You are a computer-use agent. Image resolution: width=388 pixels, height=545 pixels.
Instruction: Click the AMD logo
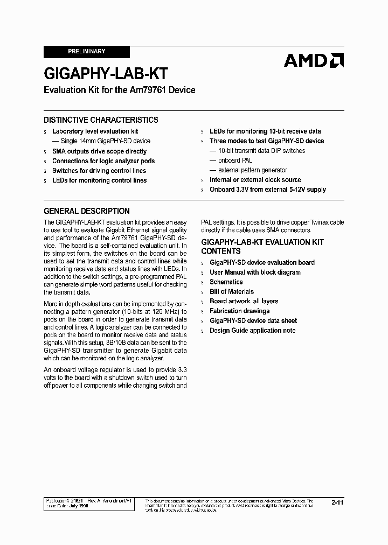tap(314, 60)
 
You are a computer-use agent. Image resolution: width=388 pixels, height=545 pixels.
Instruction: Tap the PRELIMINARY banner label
tap(86, 51)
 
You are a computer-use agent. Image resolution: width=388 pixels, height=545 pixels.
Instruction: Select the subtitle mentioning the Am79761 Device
tap(119, 90)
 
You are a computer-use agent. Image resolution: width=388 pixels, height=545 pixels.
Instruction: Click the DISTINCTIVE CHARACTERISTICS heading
tap(101, 120)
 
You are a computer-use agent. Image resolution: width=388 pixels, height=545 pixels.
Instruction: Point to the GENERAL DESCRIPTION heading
tap(86, 211)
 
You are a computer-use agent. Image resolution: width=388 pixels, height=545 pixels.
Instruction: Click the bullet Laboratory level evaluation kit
tap(95, 131)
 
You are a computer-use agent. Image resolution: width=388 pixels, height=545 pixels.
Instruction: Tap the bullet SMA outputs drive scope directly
tap(99, 151)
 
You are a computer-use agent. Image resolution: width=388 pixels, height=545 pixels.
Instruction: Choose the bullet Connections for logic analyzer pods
tap(103, 161)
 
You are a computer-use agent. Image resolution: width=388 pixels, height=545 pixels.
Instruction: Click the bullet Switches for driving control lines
tap(99, 171)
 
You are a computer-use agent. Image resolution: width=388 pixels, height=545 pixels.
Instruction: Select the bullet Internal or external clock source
tap(255, 180)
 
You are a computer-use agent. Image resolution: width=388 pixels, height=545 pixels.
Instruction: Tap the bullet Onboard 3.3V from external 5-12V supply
tap(267, 190)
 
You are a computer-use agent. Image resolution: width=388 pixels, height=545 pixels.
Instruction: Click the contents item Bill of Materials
tap(232, 292)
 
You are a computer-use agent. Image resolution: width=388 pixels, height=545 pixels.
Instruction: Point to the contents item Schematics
tap(226, 282)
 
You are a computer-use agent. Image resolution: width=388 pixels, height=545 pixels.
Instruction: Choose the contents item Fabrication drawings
tap(239, 311)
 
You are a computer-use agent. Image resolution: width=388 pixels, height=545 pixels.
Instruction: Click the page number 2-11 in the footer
tap(337, 502)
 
